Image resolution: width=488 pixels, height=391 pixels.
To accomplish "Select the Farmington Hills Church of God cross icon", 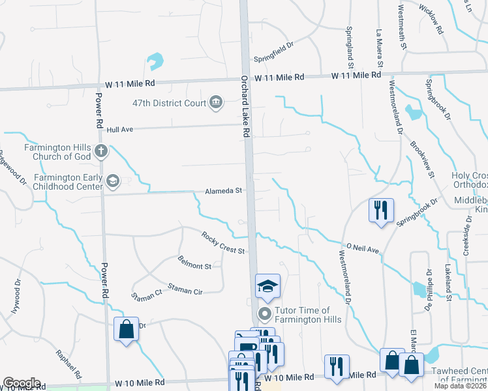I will [100, 152].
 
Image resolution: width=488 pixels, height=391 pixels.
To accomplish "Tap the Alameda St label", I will [224, 191].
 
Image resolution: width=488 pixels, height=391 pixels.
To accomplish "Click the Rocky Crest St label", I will [222, 243].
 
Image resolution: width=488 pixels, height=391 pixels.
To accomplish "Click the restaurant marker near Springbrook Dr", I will [381, 210].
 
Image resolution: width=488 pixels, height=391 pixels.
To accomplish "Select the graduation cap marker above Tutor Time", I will [267, 285].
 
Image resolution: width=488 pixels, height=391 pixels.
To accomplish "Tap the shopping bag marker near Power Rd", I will [127, 328].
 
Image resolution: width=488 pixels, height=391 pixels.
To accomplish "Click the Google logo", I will [21, 383].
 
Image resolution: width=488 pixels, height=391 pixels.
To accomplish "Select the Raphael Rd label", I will [69, 366].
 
